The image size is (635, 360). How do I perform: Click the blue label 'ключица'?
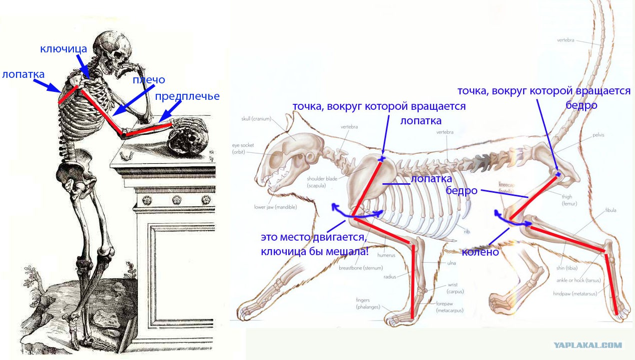pos(64,49)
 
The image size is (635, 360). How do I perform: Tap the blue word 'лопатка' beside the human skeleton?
pos(23,74)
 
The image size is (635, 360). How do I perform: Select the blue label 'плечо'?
pos(149,80)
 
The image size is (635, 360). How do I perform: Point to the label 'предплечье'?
pos(187,96)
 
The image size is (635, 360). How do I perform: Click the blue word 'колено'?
pos(481,252)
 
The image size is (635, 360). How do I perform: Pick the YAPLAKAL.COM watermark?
pos(588,345)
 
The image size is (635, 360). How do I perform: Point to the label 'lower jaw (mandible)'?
pos(275,207)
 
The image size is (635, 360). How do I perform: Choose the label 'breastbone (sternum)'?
pos(361,268)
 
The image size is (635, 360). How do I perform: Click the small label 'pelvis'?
pos(600,135)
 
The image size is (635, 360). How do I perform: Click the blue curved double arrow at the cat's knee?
pos(512,220)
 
